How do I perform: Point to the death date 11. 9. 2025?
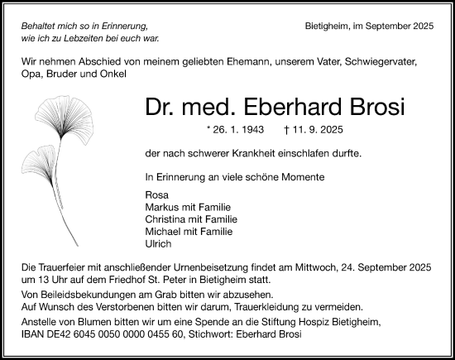318,131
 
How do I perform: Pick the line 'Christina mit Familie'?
190,219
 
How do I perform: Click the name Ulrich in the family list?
156,244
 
